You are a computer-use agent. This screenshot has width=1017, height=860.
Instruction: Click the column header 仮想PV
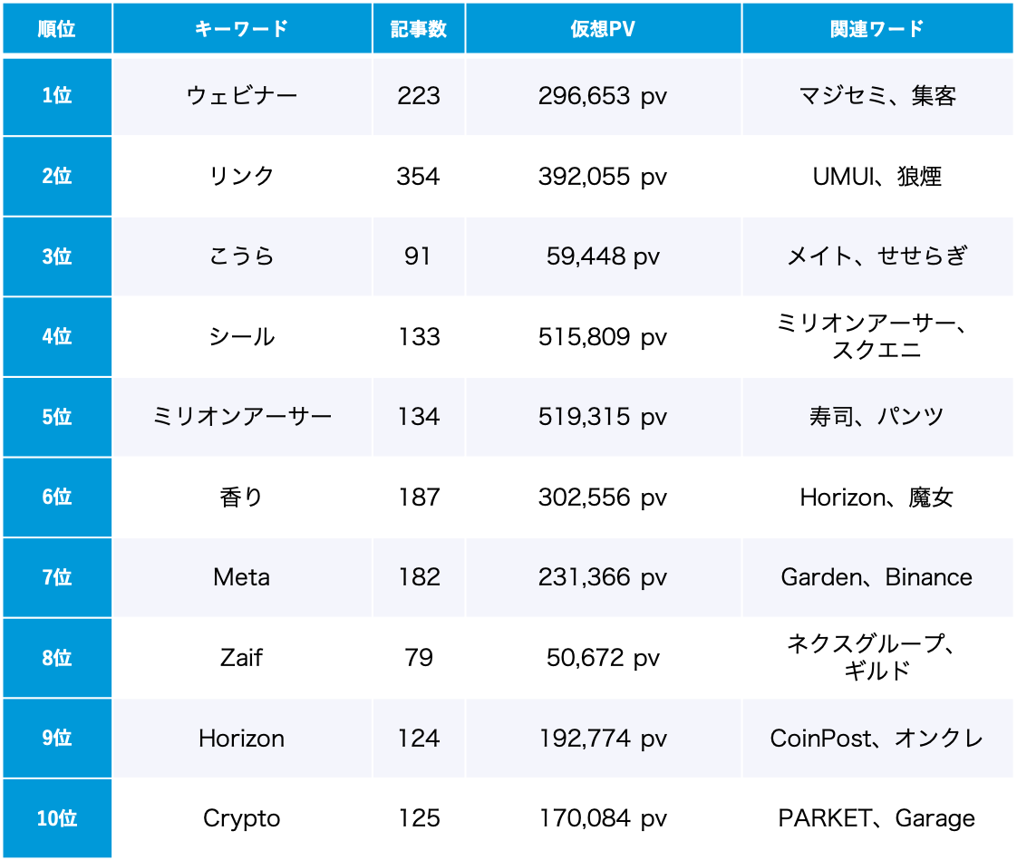click(603, 29)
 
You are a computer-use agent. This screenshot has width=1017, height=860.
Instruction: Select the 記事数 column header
click(419, 29)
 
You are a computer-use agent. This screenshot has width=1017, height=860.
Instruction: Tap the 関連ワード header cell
click(877, 29)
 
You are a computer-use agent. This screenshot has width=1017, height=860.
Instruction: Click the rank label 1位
click(57, 96)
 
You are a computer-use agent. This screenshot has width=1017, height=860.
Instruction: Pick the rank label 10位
click(57, 818)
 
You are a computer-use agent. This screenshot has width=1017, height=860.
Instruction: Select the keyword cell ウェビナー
click(242, 96)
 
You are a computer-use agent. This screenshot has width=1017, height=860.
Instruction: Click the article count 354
click(419, 176)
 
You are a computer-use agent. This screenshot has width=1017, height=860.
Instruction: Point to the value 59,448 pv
click(603, 256)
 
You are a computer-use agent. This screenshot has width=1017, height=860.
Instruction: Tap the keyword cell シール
click(242, 337)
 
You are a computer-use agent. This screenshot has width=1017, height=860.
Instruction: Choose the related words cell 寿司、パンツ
click(877, 417)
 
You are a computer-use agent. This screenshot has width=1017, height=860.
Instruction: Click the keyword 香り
click(242, 498)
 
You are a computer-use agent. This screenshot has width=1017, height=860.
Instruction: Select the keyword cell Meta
click(242, 577)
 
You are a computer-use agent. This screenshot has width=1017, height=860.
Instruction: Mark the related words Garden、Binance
click(877, 577)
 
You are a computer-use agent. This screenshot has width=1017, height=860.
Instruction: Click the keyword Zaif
click(242, 658)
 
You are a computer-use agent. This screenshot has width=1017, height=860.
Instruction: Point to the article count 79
click(419, 658)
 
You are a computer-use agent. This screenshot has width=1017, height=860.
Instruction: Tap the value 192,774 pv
click(603, 739)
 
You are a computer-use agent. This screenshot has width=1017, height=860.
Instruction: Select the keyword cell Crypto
click(242, 818)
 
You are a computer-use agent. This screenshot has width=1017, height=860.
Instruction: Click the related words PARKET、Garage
click(877, 818)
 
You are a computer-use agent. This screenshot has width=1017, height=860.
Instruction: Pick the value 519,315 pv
click(603, 417)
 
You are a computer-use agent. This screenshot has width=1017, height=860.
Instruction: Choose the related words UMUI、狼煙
click(877, 176)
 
